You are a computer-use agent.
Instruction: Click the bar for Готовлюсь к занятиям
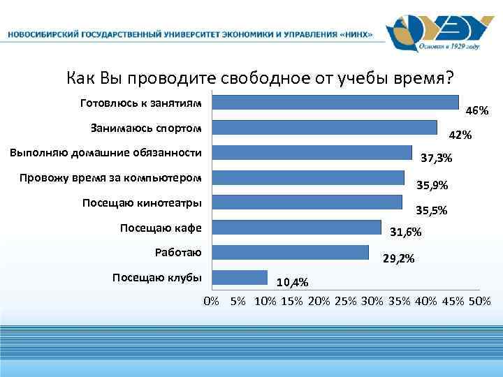tap(335, 103)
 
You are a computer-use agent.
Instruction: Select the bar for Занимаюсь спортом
tap(324, 128)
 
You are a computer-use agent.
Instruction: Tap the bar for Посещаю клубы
tap(240, 277)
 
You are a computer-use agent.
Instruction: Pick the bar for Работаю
tap(290, 252)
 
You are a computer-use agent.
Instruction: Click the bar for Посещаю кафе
tap(296, 228)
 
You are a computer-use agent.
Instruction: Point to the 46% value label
tap(476, 111)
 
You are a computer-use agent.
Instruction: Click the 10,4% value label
tap(293, 283)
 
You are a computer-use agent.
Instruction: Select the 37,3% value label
tap(437, 159)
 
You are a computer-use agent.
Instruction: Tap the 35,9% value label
tap(432, 185)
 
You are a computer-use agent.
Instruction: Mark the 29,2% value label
tap(399, 258)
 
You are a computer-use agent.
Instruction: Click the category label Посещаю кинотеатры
tap(142, 203)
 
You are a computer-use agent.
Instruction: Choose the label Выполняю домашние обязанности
tap(105, 153)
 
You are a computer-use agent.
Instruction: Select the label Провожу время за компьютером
tap(110, 178)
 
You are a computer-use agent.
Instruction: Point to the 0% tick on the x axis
tap(211, 301)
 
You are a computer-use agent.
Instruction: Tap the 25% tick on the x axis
tap(345, 301)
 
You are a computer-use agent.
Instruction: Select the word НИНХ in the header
tap(356, 34)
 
